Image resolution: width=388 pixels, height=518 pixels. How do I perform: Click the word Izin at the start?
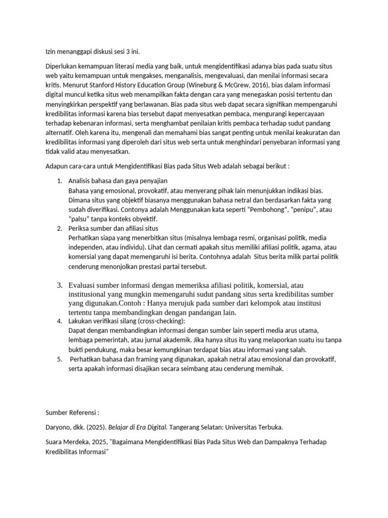(x=51, y=51)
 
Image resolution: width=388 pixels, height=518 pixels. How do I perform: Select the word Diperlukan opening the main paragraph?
(x=63, y=67)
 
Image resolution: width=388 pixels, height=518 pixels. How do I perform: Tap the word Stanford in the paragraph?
(x=95, y=86)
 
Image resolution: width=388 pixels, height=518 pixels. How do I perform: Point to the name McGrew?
(x=234, y=86)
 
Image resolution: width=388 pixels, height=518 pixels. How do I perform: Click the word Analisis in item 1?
(x=81, y=181)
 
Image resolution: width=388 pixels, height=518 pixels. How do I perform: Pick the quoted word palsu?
(x=80, y=219)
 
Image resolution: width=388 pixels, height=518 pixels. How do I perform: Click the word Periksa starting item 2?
(x=80, y=229)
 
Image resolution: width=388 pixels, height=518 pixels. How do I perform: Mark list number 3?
(x=59, y=285)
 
